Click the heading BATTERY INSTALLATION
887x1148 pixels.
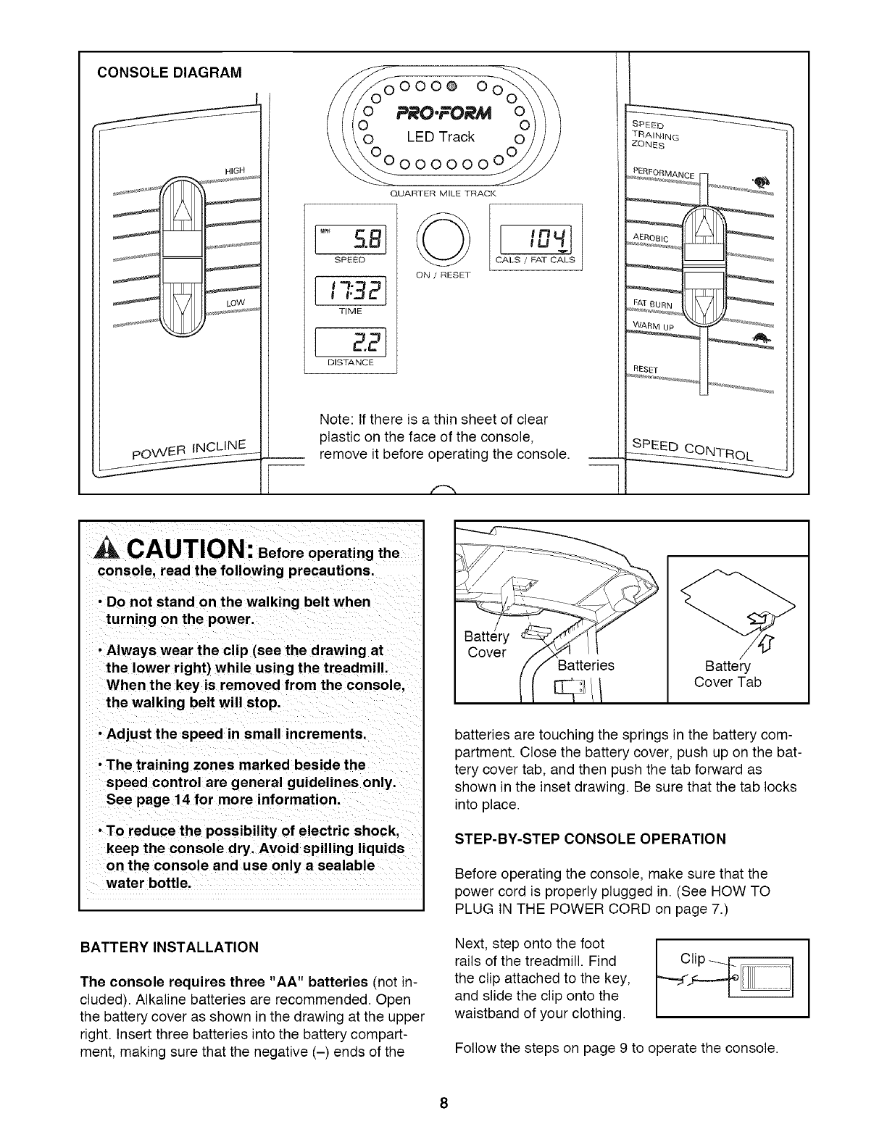pos(169,947)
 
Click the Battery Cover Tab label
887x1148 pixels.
pos(728,674)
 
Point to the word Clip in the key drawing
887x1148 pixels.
pos(692,959)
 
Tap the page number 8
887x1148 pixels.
pos(443,1104)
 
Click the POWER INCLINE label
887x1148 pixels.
pos(191,448)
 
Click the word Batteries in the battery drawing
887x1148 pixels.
pos(587,665)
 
